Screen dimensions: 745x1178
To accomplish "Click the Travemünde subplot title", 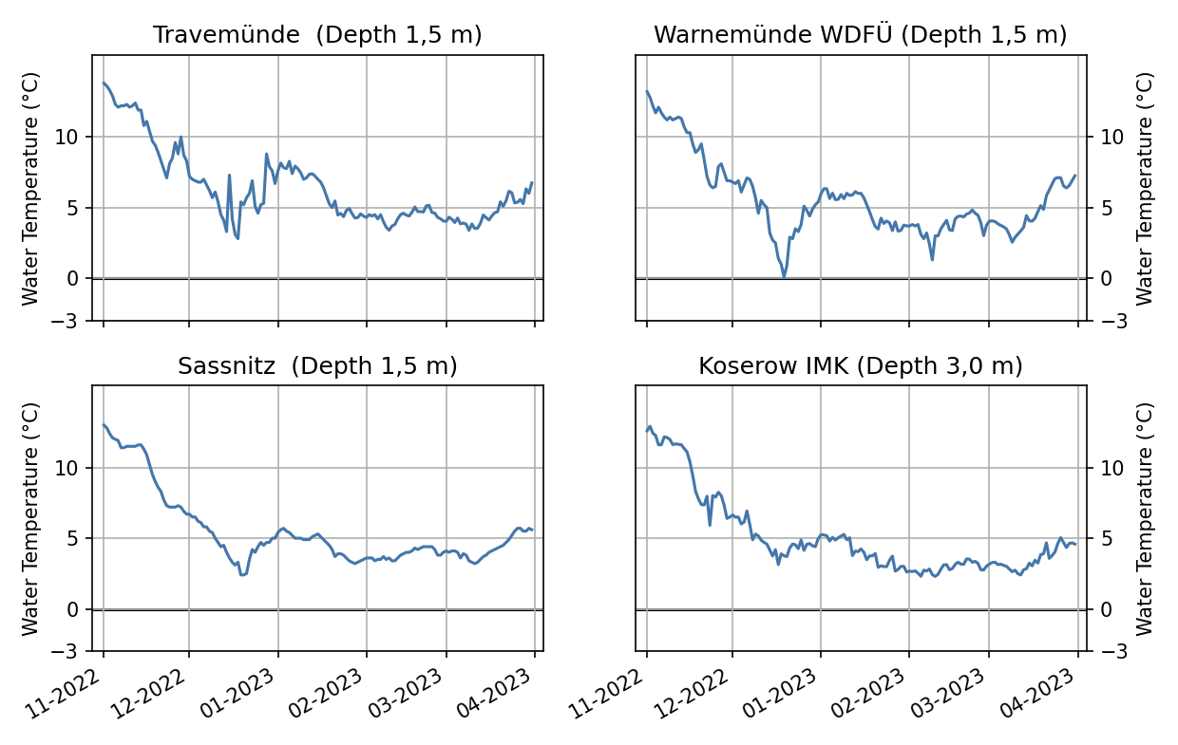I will (317, 35).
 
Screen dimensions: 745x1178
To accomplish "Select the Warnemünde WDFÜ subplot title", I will (860, 35).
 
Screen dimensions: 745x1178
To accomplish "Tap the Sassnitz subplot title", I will (317, 366).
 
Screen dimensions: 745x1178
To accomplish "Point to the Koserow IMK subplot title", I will (860, 366).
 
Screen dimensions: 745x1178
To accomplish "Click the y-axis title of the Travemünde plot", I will (31, 188).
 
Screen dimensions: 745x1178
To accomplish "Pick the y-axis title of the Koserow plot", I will (1145, 518).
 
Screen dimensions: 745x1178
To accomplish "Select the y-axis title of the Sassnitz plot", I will (31, 518).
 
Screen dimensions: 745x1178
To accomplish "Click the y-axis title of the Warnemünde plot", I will (1145, 188).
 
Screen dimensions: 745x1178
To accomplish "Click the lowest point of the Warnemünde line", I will (784, 276).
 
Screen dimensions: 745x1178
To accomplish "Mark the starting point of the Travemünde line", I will (104, 83).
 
